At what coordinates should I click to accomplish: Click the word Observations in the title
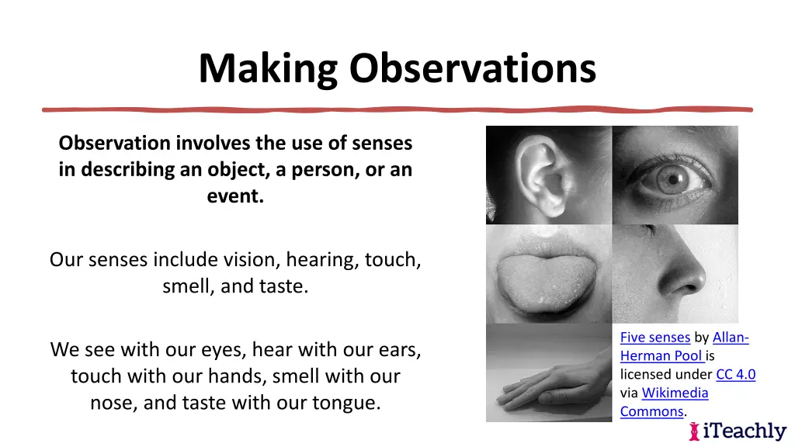pos(472,68)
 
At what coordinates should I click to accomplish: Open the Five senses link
pos(654,338)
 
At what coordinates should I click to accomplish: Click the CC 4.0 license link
pos(735,375)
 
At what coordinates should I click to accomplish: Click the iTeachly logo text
pos(745,431)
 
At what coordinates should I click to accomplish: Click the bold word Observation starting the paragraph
pos(115,143)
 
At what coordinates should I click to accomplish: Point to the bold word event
pos(235,196)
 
